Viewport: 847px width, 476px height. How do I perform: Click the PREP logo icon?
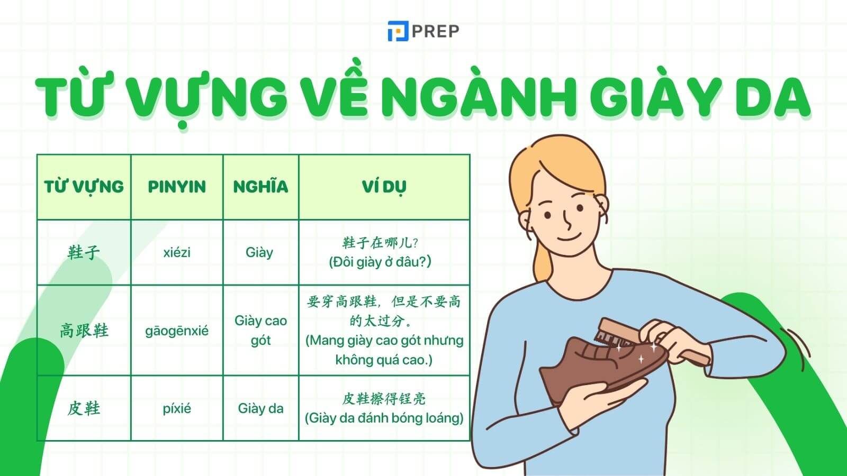tap(397, 31)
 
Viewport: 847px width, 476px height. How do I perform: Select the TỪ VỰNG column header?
tap(84, 187)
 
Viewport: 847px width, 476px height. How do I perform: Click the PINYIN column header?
tap(177, 187)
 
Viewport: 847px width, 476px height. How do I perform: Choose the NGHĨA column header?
tap(260, 187)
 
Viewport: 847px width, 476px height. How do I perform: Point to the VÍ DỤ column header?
tap(384, 187)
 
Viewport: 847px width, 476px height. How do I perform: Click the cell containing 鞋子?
tap(84, 252)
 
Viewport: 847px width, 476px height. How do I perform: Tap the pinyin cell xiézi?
tap(177, 252)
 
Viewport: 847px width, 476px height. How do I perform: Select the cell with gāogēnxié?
tap(177, 331)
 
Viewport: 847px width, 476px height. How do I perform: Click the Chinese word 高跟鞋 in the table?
tap(84, 331)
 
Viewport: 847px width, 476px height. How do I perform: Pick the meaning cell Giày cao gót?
tap(260, 331)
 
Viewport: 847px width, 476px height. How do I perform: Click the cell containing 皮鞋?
tap(84, 408)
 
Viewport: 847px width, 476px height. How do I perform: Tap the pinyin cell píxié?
tap(177, 408)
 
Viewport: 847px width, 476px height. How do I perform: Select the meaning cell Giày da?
tap(260, 408)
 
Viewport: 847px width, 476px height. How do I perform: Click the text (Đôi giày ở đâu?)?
tap(380, 262)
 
